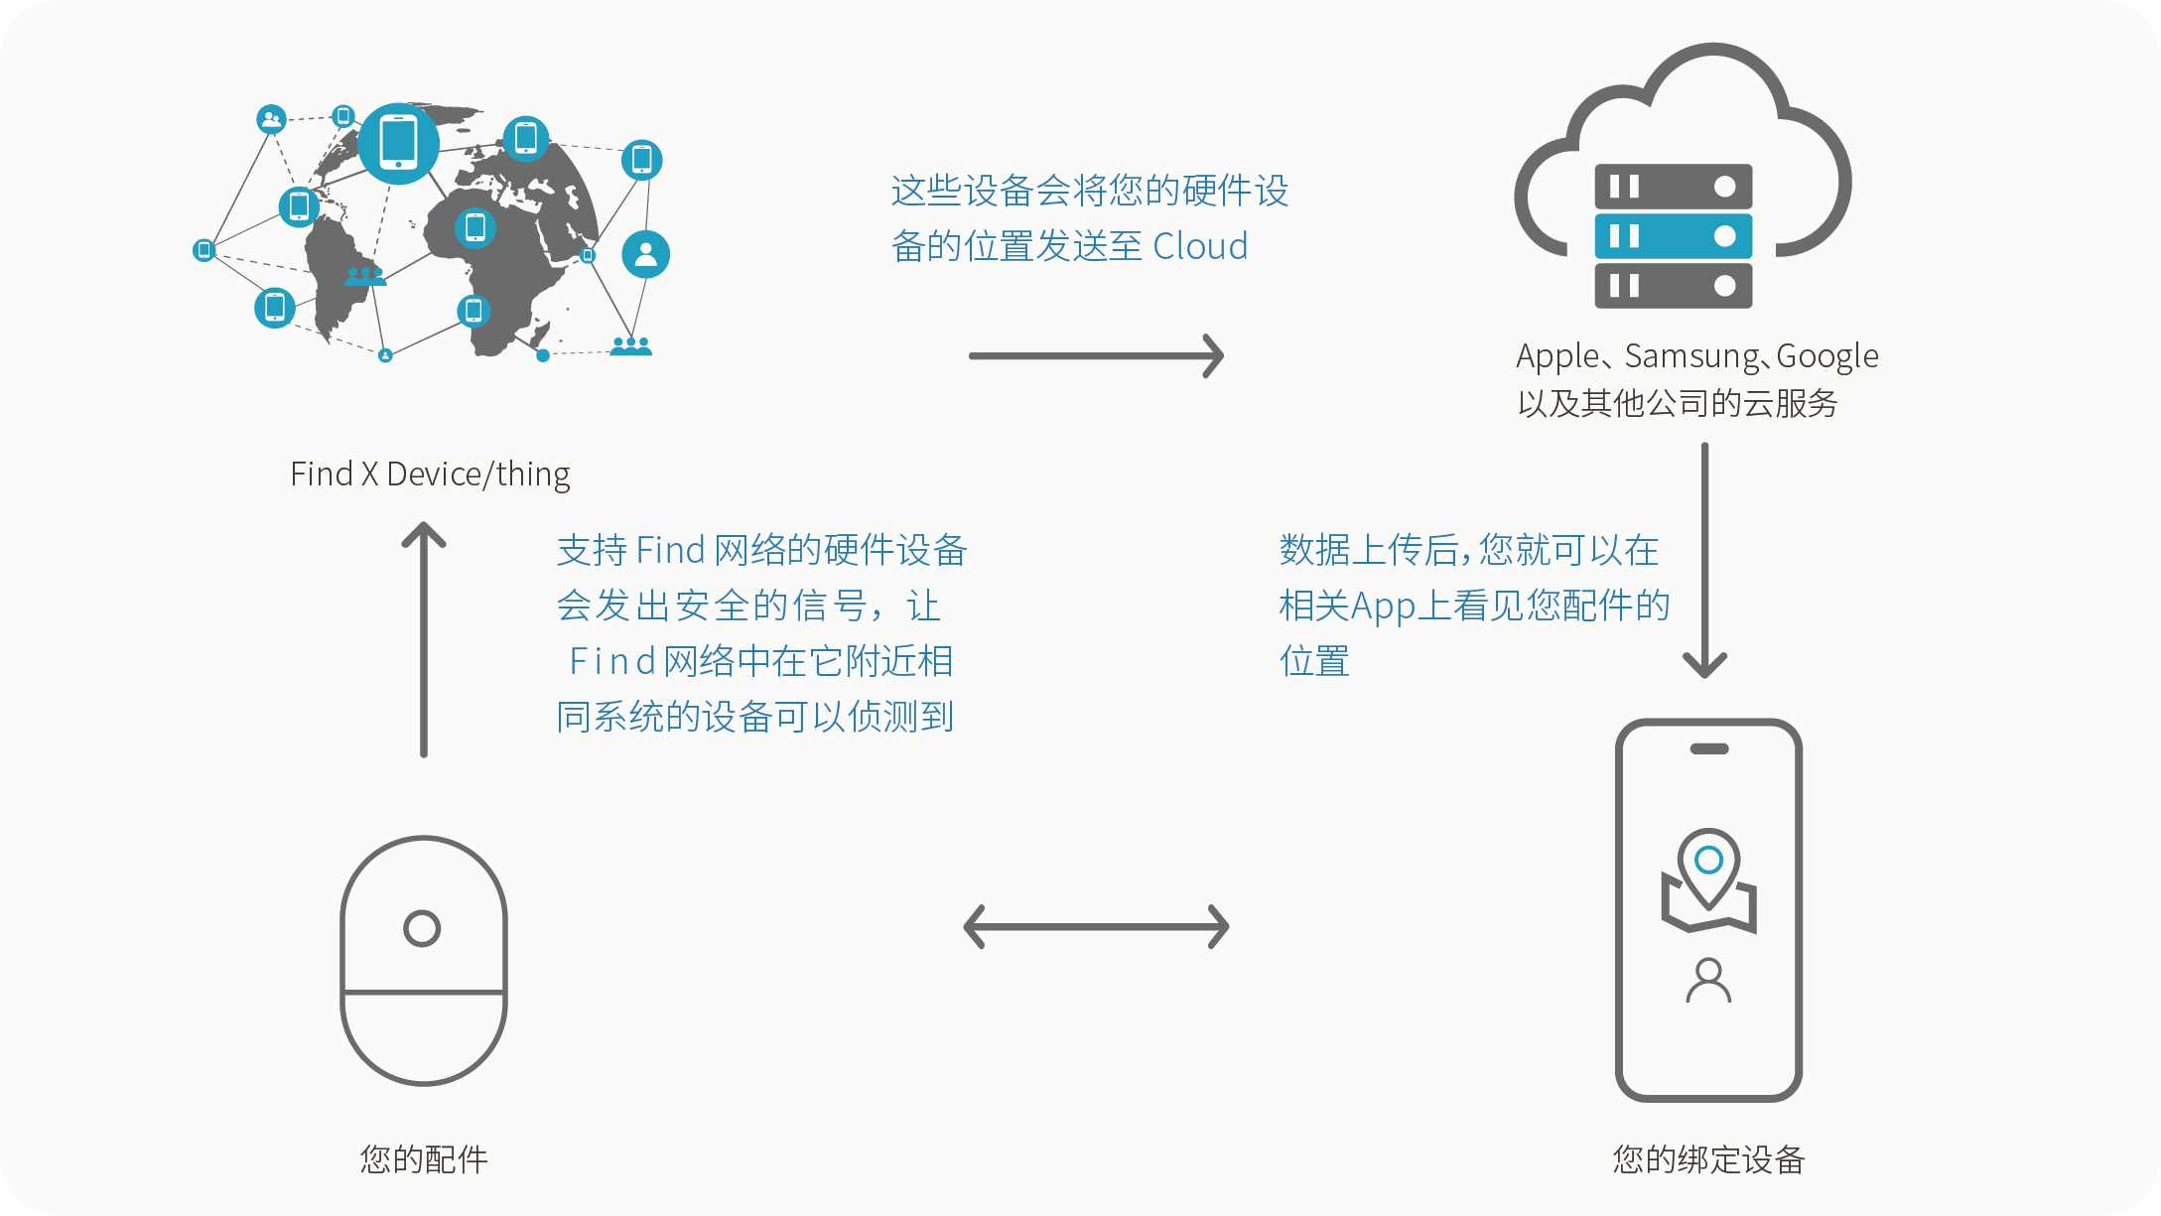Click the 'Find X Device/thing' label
coord(430,474)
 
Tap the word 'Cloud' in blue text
coord(1200,246)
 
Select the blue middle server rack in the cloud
coord(1673,236)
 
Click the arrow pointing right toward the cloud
coord(1096,355)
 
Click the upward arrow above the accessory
coord(424,639)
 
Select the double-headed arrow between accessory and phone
coord(1096,927)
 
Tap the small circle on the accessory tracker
coord(422,928)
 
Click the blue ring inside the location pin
coord(1708,860)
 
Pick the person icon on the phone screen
coord(1708,980)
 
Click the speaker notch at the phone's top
coord(1708,749)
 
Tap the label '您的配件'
coord(424,1158)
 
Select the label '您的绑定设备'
coord(1708,1158)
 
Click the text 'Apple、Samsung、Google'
coord(1696,355)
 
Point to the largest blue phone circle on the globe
coord(398,143)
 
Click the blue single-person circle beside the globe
coord(645,254)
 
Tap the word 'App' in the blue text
coord(1383,606)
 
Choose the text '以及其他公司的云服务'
coord(1678,403)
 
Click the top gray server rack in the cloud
coord(1673,187)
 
